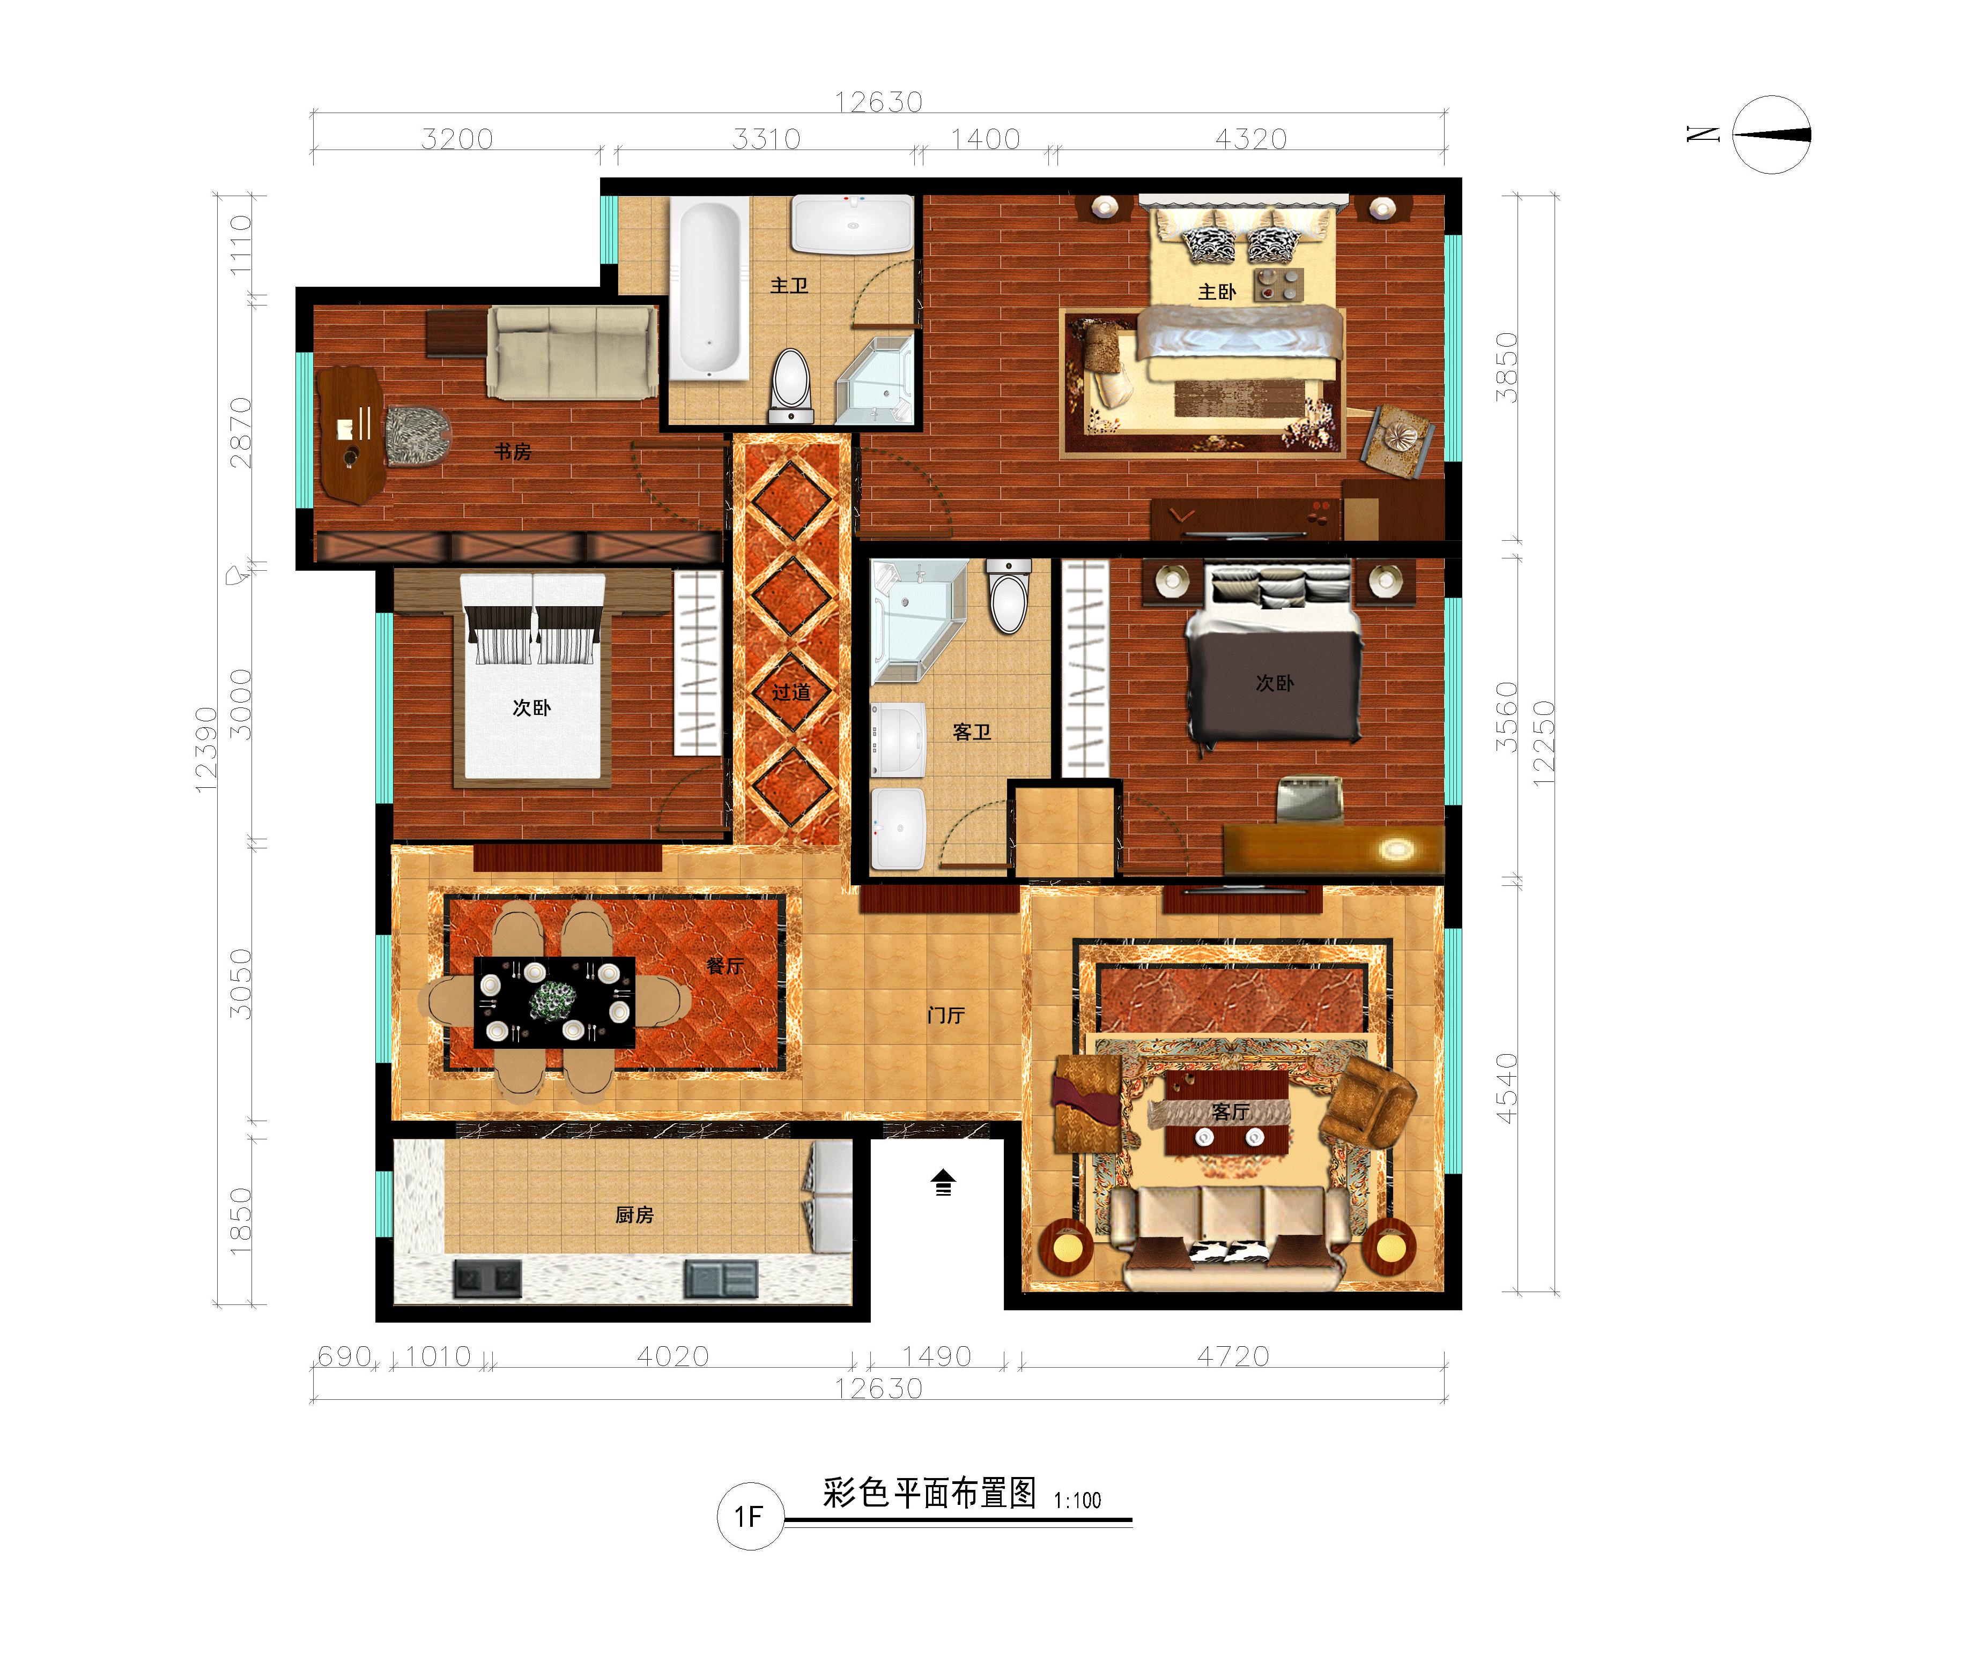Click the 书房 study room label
click(513, 452)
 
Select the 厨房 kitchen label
click(634, 1214)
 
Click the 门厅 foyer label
click(946, 1016)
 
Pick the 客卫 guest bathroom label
click(972, 732)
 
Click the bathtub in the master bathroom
click(710, 289)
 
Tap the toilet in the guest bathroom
click(1008, 595)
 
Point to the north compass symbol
click(1770, 135)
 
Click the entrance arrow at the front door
click(943, 1182)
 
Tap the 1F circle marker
click(750, 1517)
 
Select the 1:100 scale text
click(1078, 1501)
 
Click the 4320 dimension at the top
click(1251, 139)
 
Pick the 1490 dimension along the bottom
click(936, 1356)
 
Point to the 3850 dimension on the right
click(1507, 368)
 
